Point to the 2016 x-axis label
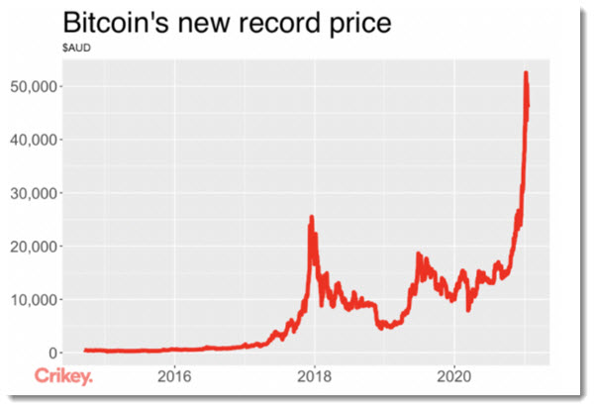coord(174,376)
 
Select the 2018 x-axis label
coord(314,376)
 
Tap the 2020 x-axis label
coord(453,376)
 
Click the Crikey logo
coord(64,376)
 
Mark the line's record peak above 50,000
coord(526,72)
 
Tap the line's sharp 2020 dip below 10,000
coord(468,309)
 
